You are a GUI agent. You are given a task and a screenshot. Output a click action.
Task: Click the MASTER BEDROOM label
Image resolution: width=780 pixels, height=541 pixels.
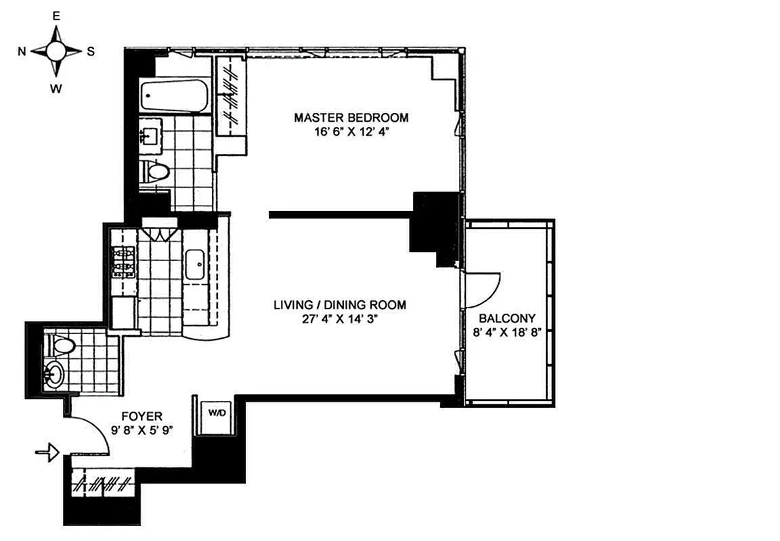[x=351, y=118]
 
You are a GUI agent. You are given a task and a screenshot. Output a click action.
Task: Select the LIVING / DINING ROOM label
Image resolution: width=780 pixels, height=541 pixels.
[x=340, y=305]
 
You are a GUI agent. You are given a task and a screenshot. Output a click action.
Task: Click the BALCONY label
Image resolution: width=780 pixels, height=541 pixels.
[x=507, y=318]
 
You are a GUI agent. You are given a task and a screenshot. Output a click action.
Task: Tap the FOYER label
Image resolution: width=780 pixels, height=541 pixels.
[x=142, y=416]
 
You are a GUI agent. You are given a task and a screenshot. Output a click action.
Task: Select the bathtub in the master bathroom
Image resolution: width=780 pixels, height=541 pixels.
[x=175, y=95]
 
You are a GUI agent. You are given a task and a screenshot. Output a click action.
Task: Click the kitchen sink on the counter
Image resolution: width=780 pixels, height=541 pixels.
[x=196, y=262]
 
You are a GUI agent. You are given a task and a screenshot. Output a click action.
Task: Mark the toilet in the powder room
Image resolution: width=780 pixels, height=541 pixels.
[x=62, y=346]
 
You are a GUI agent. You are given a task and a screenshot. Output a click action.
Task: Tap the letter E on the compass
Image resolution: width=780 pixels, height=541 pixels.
[x=56, y=16]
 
